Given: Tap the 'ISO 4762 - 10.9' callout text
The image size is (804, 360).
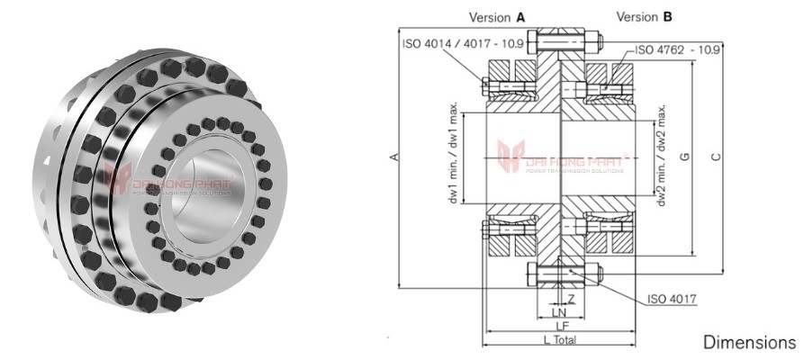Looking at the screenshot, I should pyautogui.click(x=685, y=50).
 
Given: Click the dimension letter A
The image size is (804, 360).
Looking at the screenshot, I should pyautogui.click(x=393, y=157).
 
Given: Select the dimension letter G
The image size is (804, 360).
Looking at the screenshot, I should pyautogui.click(x=685, y=157).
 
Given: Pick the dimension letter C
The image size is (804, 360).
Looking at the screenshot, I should pyautogui.click(x=716, y=157).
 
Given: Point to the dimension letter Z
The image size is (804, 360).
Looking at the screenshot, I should pyautogui.click(x=571, y=298).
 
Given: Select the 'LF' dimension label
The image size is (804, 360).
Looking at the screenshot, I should pyautogui.click(x=559, y=325).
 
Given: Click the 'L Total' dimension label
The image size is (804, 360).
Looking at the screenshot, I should pyautogui.click(x=560, y=339).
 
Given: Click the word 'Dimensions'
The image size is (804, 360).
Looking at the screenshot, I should pyautogui.click(x=749, y=343).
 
